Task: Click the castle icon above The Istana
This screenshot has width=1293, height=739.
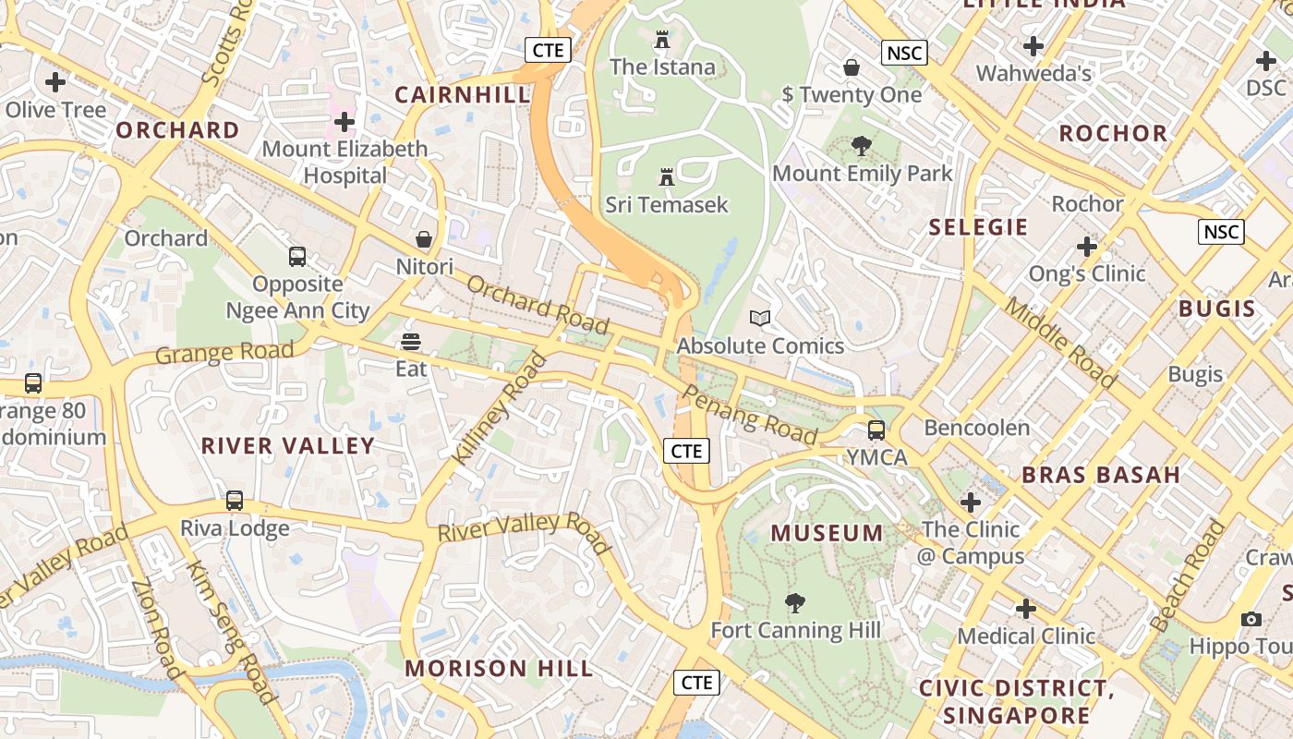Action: tap(661, 40)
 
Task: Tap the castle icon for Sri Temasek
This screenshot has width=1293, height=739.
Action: tap(666, 176)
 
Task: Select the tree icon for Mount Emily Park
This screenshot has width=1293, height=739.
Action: tap(862, 145)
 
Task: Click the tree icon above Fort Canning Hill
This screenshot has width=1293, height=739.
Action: tap(794, 603)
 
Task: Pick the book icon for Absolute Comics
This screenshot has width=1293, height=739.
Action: tap(760, 318)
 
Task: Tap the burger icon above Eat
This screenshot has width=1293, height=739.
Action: tap(411, 342)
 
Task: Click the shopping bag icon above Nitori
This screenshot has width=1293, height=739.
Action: tap(424, 239)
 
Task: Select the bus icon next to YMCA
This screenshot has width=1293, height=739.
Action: tap(876, 430)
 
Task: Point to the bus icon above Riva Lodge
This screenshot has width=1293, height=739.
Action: tap(235, 501)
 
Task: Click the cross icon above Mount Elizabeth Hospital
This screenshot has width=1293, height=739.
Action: tap(344, 121)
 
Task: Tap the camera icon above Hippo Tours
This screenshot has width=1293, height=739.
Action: tap(1251, 619)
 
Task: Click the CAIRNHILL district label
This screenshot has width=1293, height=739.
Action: tap(463, 94)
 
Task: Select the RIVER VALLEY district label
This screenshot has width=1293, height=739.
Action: tap(288, 445)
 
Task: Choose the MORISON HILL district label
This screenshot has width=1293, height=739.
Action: tap(499, 668)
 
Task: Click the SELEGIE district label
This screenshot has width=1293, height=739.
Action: tap(978, 227)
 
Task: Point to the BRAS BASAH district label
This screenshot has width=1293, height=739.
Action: tap(1101, 475)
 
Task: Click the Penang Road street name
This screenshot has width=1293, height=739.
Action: tap(749, 415)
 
